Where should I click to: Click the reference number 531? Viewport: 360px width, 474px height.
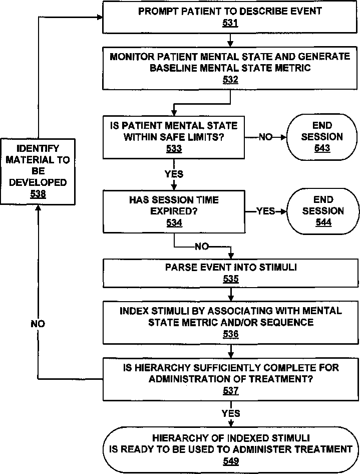(x=230, y=23)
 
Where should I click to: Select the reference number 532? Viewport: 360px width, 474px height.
(x=230, y=80)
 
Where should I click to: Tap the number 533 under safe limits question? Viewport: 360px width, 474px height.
(x=174, y=149)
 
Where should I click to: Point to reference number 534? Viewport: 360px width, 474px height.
(x=174, y=223)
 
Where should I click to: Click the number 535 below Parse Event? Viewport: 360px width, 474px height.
(x=231, y=279)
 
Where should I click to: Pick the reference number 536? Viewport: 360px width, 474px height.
(x=231, y=334)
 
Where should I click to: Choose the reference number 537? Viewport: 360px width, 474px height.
(x=231, y=390)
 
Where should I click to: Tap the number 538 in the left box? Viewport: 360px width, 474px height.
(x=38, y=194)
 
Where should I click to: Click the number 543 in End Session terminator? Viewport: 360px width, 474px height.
(x=322, y=148)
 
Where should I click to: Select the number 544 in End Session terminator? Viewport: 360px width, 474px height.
(x=323, y=222)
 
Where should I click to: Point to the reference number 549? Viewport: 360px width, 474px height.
(x=231, y=461)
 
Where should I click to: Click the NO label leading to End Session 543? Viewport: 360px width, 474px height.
(x=266, y=137)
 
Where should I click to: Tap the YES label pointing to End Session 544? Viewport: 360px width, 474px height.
(x=266, y=211)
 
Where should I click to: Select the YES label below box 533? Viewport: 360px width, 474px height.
(x=174, y=174)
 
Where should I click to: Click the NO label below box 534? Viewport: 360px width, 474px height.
(x=202, y=247)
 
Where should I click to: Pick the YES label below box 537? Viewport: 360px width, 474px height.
(x=231, y=413)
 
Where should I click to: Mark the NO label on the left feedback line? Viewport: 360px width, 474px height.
(x=38, y=324)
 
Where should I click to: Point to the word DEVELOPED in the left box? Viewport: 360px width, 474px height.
(x=38, y=182)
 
